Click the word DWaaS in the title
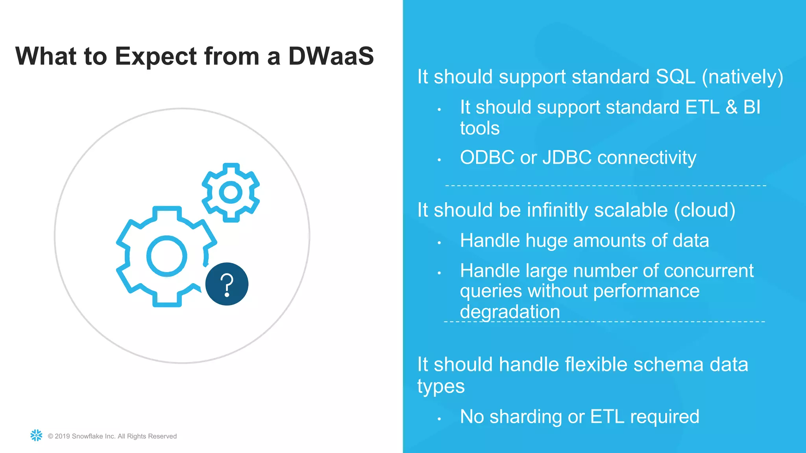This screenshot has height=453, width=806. click(331, 56)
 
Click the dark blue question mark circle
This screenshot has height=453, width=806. click(227, 284)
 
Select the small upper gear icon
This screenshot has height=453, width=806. click(231, 192)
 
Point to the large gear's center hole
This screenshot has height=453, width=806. click(166, 256)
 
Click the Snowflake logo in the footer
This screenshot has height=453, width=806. click(36, 435)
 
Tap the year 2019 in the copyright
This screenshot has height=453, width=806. click(62, 436)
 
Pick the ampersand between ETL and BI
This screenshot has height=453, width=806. click(731, 107)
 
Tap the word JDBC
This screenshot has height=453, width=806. click(567, 158)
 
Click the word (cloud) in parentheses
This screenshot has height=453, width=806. click(704, 210)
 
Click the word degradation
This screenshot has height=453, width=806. click(510, 312)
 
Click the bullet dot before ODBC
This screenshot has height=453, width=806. click(439, 160)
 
